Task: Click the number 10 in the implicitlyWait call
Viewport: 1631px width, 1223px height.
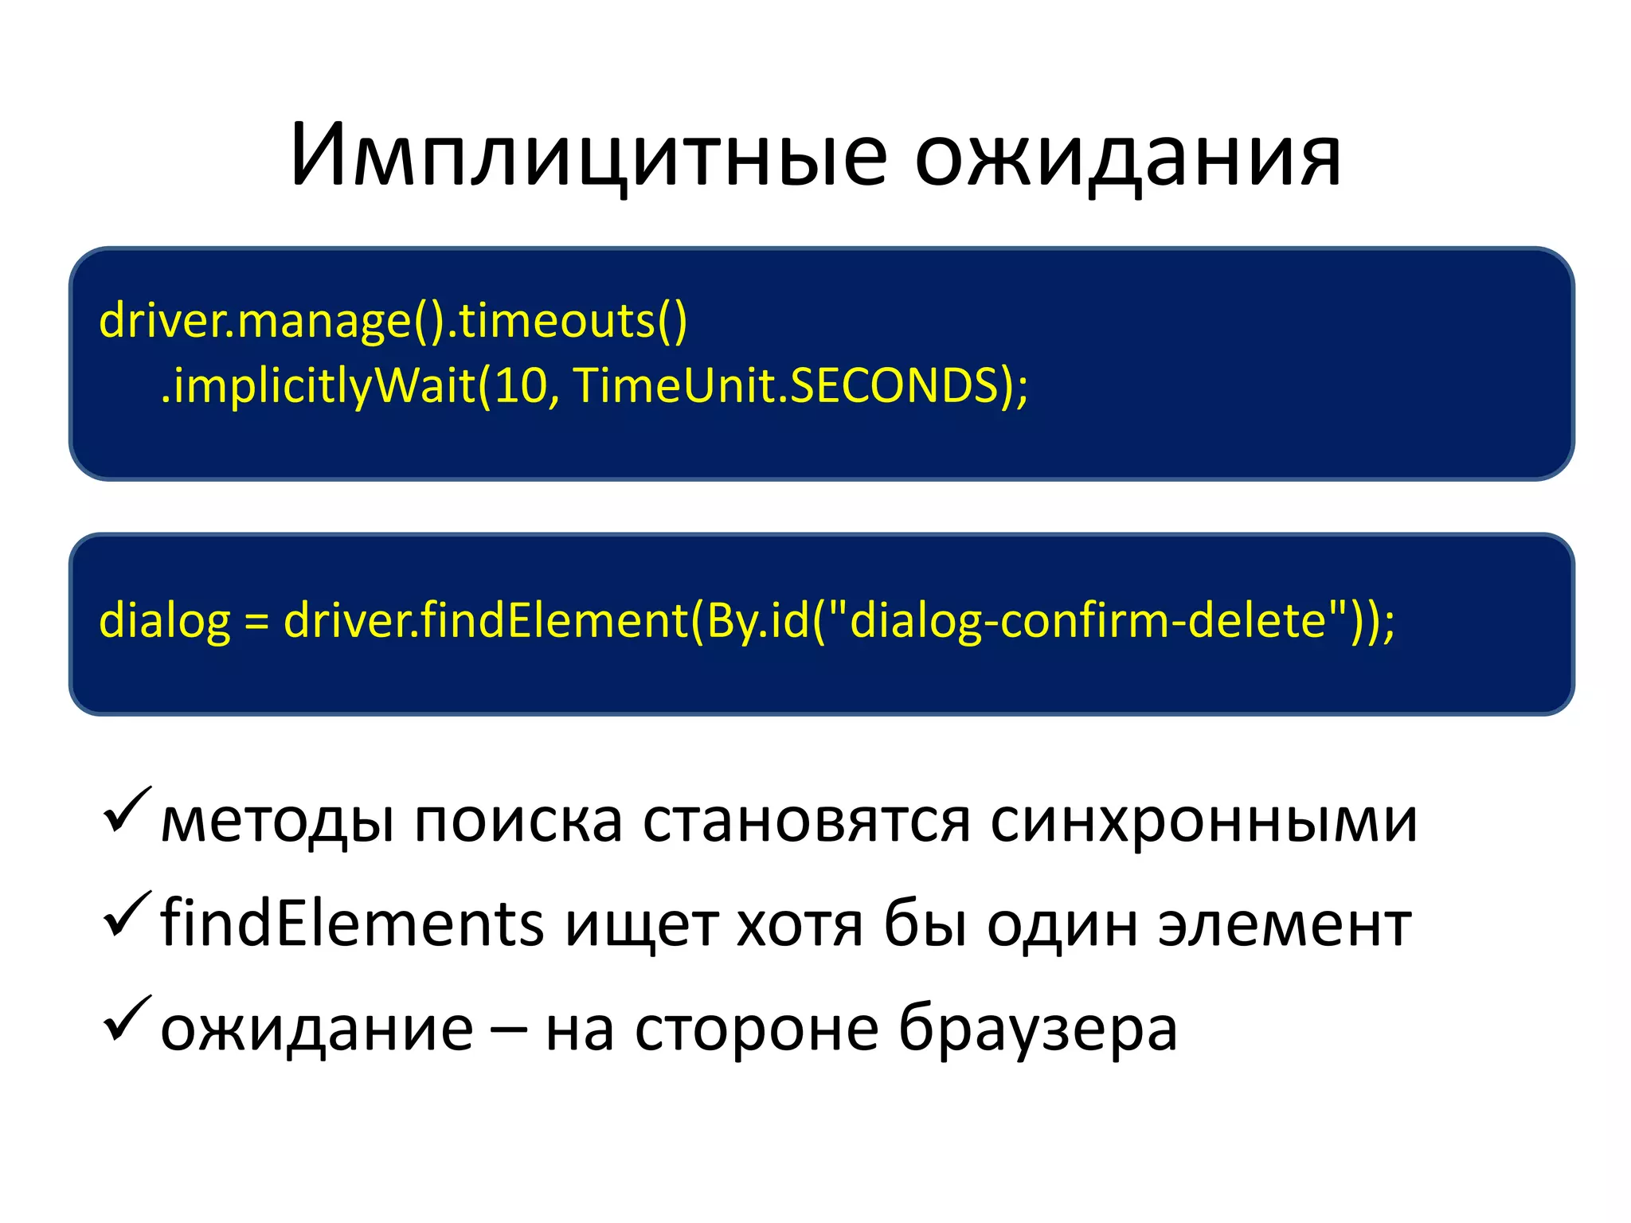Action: pos(521,385)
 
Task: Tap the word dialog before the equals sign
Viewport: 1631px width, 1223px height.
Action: pos(164,620)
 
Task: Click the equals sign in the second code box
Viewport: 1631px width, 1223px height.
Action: pos(256,621)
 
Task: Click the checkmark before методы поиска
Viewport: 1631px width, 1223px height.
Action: pos(127,810)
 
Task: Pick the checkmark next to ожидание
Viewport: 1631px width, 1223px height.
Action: pos(127,1018)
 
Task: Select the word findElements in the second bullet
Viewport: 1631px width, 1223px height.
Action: pos(352,924)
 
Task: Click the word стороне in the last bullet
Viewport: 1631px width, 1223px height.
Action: pos(757,1030)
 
